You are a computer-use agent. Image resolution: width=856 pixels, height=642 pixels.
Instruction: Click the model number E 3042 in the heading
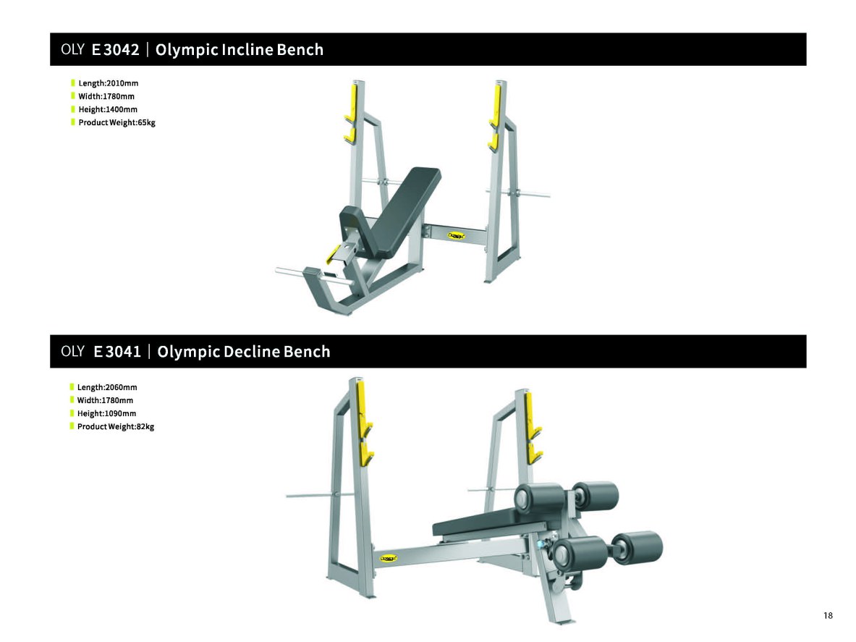(x=115, y=50)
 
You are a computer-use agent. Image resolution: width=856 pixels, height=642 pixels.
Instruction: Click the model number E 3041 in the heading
(x=116, y=352)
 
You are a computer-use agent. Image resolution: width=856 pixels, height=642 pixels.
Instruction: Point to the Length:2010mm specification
(x=108, y=83)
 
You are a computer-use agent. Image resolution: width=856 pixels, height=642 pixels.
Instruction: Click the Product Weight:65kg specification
(x=116, y=122)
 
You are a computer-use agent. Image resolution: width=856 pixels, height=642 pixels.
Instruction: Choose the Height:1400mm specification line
(x=108, y=109)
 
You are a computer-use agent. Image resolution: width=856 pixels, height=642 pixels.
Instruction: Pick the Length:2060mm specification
(x=107, y=387)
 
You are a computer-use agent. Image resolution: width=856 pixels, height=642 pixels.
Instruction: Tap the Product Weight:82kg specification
(x=116, y=426)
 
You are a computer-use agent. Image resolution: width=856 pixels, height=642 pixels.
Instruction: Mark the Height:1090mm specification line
(x=106, y=413)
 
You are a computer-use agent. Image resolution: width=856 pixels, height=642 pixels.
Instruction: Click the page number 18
(x=829, y=615)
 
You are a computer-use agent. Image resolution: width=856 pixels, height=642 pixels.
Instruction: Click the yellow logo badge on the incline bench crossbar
(x=456, y=236)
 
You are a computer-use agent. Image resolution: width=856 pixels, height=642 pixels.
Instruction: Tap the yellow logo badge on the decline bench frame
(x=388, y=558)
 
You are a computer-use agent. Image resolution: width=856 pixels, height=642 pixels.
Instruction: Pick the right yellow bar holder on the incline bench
(x=495, y=117)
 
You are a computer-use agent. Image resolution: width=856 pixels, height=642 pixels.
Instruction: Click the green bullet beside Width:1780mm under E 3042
(x=72, y=96)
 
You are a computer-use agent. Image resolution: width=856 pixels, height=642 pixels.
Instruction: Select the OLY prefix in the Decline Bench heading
(x=72, y=351)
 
